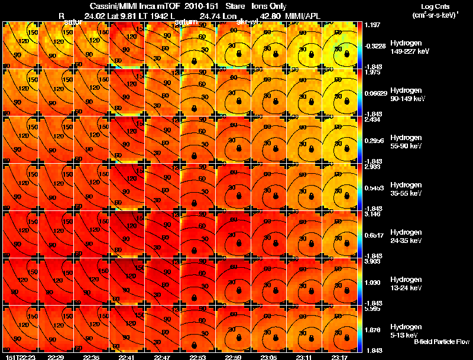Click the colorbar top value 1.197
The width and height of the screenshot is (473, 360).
click(372, 25)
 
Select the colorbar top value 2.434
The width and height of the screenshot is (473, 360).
click(372, 119)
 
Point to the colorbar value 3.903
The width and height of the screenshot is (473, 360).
click(372, 261)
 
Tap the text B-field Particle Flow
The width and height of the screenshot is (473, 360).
click(441, 342)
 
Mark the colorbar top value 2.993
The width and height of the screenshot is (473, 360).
click(372, 167)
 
